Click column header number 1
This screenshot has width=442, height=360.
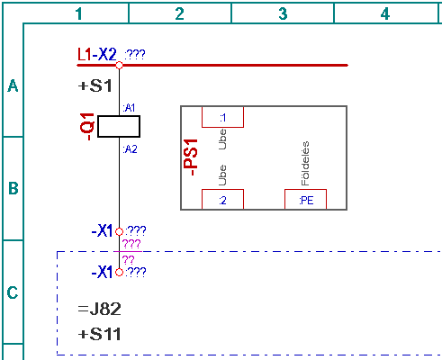pyautogui.click(x=78, y=13)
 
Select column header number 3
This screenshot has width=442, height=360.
pyautogui.click(x=283, y=13)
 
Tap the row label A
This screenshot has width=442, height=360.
pyautogui.click(x=13, y=85)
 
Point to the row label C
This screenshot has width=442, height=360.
pyautogui.click(x=13, y=292)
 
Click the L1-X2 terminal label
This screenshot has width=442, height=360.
pyautogui.click(x=97, y=55)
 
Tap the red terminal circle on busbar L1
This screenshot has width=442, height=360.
pyautogui.click(x=119, y=65)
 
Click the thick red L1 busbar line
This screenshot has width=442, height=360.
pyautogui.click(x=212, y=65)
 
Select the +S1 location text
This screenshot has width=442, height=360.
pyautogui.click(x=95, y=86)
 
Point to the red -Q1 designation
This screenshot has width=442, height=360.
pyautogui.click(x=87, y=127)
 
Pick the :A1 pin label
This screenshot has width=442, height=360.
pyautogui.click(x=129, y=108)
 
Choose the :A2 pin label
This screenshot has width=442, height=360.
pyautogui.click(x=130, y=149)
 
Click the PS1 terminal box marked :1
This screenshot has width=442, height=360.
pyautogui.click(x=222, y=117)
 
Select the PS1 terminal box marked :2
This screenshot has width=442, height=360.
pyautogui.click(x=222, y=199)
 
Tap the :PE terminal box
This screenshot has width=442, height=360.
pyautogui.click(x=305, y=199)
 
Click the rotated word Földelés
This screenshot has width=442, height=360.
pyautogui.click(x=305, y=164)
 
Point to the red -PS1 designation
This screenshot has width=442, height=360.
pyautogui.click(x=191, y=157)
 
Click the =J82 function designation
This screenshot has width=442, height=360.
pyautogui.click(x=99, y=309)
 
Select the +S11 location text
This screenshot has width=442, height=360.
pyautogui.click(x=99, y=334)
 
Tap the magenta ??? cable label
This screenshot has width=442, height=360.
pyautogui.click(x=131, y=244)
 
